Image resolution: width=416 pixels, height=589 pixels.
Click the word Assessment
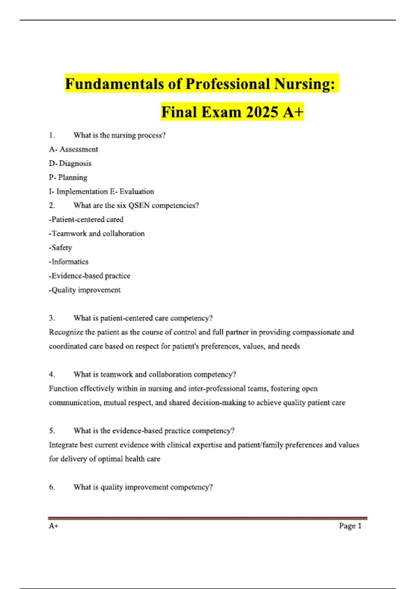click(x=79, y=149)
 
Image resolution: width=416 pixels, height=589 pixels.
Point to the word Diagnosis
click(x=75, y=163)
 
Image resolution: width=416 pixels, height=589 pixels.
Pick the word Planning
click(x=73, y=177)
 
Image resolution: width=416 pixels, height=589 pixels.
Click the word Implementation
click(x=82, y=192)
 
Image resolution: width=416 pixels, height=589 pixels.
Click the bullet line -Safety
click(x=61, y=248)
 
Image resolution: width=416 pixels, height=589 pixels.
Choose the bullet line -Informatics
click(x=69, y=262)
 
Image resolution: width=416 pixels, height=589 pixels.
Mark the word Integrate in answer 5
click(x=63, y=445)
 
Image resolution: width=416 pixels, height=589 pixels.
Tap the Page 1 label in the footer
click(x=350, y=526)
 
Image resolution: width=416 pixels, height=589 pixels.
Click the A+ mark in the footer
click(x=53, y=526)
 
